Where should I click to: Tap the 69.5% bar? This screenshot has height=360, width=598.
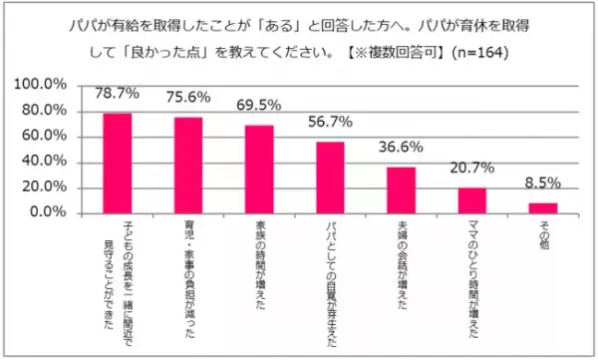259,169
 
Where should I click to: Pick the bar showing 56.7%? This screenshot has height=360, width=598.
330,177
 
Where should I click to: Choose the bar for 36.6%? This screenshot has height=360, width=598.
401,189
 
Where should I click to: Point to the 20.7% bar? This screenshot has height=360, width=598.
471,199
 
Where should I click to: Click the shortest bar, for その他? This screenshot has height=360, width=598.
542,207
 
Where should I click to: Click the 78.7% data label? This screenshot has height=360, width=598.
118,95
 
